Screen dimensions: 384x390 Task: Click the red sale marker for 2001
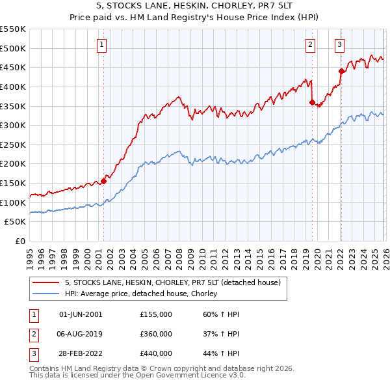[x=103, y=182]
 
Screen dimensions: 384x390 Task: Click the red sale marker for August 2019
[x=312, y=102]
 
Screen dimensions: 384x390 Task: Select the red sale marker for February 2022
[x=341, y=72]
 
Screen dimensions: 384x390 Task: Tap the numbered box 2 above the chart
[x=311, y=44]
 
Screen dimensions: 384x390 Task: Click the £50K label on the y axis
[x=16, y=221]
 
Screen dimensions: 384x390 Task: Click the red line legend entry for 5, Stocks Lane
[x=172, y=283]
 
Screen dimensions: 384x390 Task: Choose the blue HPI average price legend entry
[x=140, y=294]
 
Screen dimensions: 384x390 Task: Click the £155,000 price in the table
[x=156, y=314]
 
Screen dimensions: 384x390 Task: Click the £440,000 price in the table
[x=156, y=353]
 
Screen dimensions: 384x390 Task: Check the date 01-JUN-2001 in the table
[x=81, y=314]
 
